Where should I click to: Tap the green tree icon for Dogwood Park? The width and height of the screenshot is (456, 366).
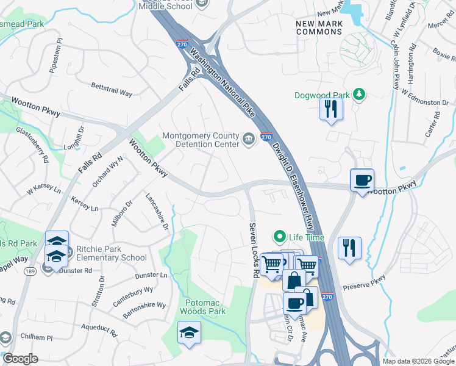360,94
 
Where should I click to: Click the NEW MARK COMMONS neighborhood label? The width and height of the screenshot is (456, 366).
319,27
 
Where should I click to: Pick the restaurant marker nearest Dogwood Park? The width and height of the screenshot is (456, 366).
331,110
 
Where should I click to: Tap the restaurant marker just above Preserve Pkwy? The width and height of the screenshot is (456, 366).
349,248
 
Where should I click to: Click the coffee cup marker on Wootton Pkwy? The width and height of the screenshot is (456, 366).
362,181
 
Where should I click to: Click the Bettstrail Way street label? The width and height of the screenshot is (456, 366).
112,90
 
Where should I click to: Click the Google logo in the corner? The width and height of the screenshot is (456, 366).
20,359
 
